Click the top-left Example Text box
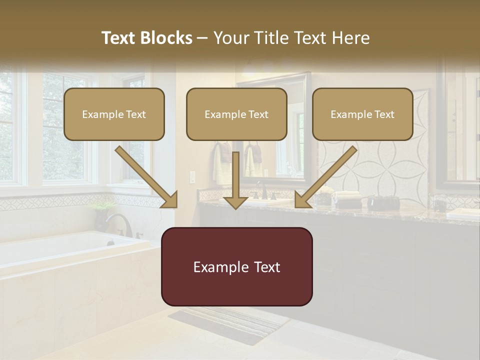click(114, 114)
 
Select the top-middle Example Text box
click(236, 114)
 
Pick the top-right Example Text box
click(362, 114)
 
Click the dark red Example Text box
click(236, 266)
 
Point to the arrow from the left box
click(146, 177)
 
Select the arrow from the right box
click(326, 177)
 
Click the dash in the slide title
click(202, 38)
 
